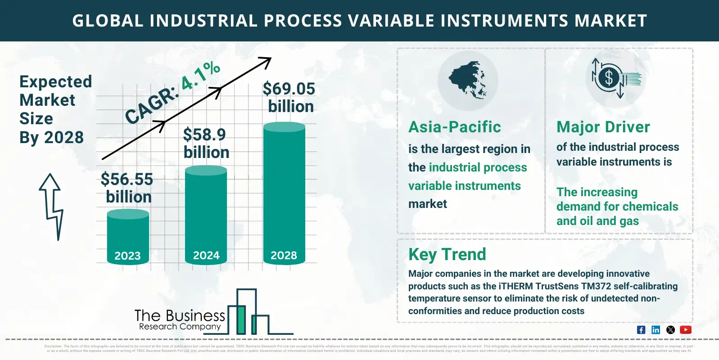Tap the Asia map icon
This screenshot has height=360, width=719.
pyautogui.click(x=468, y=80)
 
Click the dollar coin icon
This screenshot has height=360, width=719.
pyautogui.click(x=609, y=78)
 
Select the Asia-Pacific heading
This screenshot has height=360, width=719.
pyautogui.click(x=454, y=127)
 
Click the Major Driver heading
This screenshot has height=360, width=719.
pyautogui.click(x=603, y=127)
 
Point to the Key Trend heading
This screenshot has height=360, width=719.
pyautogui.click(x=447, y=254)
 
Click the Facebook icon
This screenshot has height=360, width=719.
pyautogui.click(x=641, y=330)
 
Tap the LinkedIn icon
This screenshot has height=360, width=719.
pyautogui.click(x=656, y=330)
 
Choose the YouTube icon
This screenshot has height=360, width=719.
pyautogui.click(x=685, y=330)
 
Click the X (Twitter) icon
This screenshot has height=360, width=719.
pyautogui.click(x=670, y=330)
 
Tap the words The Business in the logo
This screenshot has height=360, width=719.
pyautogui.click(x=180, y=315)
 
